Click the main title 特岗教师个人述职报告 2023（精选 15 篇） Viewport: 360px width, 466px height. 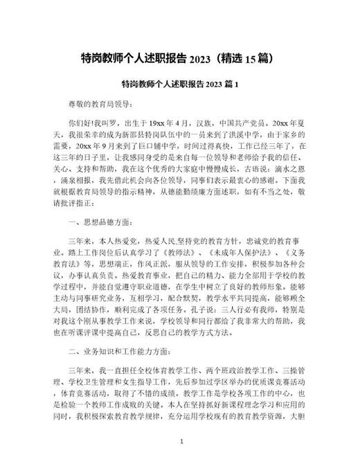pyautogui.click(x=180, y=57)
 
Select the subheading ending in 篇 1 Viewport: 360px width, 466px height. pyautogui.click(x=179, y=84)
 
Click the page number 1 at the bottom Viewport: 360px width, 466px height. pyautogui.click(x=180, y=421)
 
